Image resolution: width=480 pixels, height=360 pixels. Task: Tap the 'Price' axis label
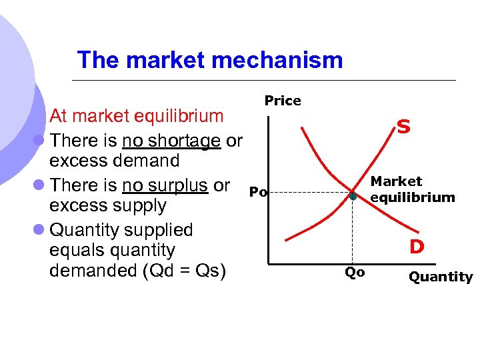point(283,101)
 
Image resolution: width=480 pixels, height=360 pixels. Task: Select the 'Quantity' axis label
point(440,277)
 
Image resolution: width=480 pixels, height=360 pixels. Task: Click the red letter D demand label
point(417,247)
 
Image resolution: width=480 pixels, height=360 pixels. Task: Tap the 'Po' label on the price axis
point(257,193)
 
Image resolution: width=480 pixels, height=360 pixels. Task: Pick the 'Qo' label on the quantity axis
point(354,272)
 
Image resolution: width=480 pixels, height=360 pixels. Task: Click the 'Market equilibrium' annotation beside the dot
point(412,189)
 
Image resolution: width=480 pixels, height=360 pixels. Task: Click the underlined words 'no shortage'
point(171,141)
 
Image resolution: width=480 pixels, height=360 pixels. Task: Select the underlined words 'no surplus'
point(165,185)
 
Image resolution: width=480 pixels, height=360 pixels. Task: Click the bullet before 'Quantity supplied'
point(39,231)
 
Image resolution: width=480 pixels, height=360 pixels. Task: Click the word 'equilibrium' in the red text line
point(179,116)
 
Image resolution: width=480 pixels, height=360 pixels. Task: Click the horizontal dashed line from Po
point(307,193)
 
